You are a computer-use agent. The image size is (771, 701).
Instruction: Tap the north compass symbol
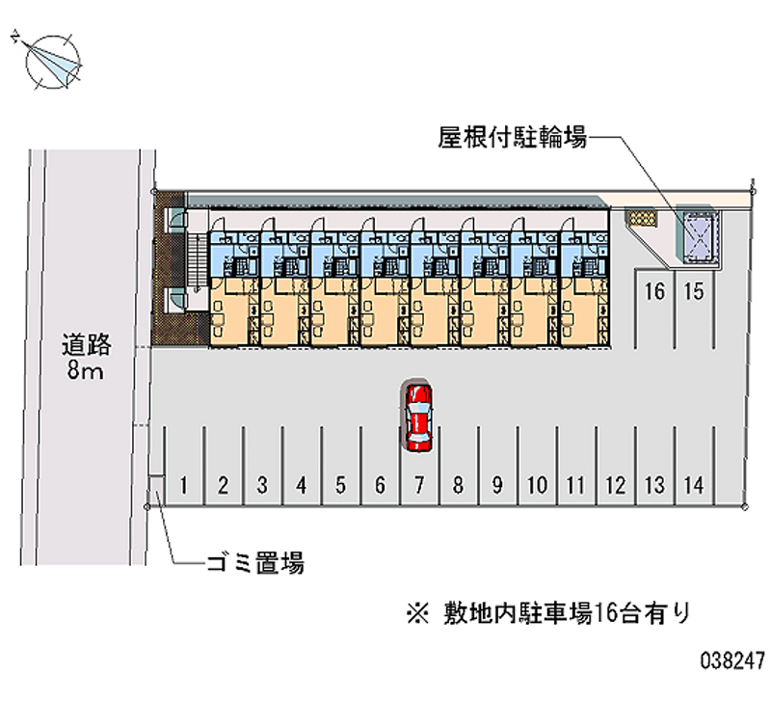point(51,62)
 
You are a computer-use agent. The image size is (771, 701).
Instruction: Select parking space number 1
point(184,466)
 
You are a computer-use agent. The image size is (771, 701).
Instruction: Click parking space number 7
point(419,466)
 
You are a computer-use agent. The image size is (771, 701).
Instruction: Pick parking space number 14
point(694,466)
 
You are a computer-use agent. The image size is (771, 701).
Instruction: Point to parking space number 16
point(654,309)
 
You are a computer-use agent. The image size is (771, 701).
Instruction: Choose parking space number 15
point(694,309)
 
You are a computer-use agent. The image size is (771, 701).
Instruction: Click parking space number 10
point(537,466)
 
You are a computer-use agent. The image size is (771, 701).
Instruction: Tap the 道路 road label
point(87,344)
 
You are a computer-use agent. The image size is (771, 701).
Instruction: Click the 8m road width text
point(86,370)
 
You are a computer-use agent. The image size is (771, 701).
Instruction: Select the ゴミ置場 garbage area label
point(255,563)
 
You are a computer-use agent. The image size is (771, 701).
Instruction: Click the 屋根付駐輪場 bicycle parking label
point(513,137)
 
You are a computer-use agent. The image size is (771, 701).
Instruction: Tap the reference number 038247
point(732,661)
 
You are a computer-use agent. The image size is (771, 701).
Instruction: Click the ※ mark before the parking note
point(417,614)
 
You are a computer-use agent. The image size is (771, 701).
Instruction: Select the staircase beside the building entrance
point(196,262)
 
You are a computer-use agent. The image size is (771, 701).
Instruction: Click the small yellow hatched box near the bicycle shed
point(642,217)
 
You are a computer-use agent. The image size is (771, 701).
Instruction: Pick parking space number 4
point(302,466)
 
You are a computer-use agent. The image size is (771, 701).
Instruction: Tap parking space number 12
point(616,466)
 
